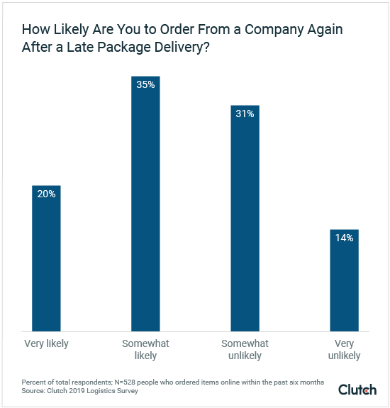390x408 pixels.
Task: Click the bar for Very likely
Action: [x=46, y=259]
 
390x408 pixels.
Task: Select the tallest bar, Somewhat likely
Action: [x=145, y=206]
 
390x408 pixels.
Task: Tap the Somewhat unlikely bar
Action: [x=245, y=220]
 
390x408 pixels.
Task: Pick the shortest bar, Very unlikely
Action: [x=344, y=280]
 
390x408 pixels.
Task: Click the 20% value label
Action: [x=46, y=194]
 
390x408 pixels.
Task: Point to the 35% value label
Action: [x=145, y=84]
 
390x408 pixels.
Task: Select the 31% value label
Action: [x=245, y=114]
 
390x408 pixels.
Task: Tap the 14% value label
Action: [x=344, y=238]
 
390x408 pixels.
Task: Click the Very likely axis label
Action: [x=46, y=344]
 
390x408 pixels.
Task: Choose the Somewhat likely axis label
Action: [x=145, y=350]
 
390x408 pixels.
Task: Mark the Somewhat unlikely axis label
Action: [x=245, y=350]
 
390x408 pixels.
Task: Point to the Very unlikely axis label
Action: [x=344, y=350]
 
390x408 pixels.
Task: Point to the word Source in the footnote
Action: [x=33, y=390]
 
